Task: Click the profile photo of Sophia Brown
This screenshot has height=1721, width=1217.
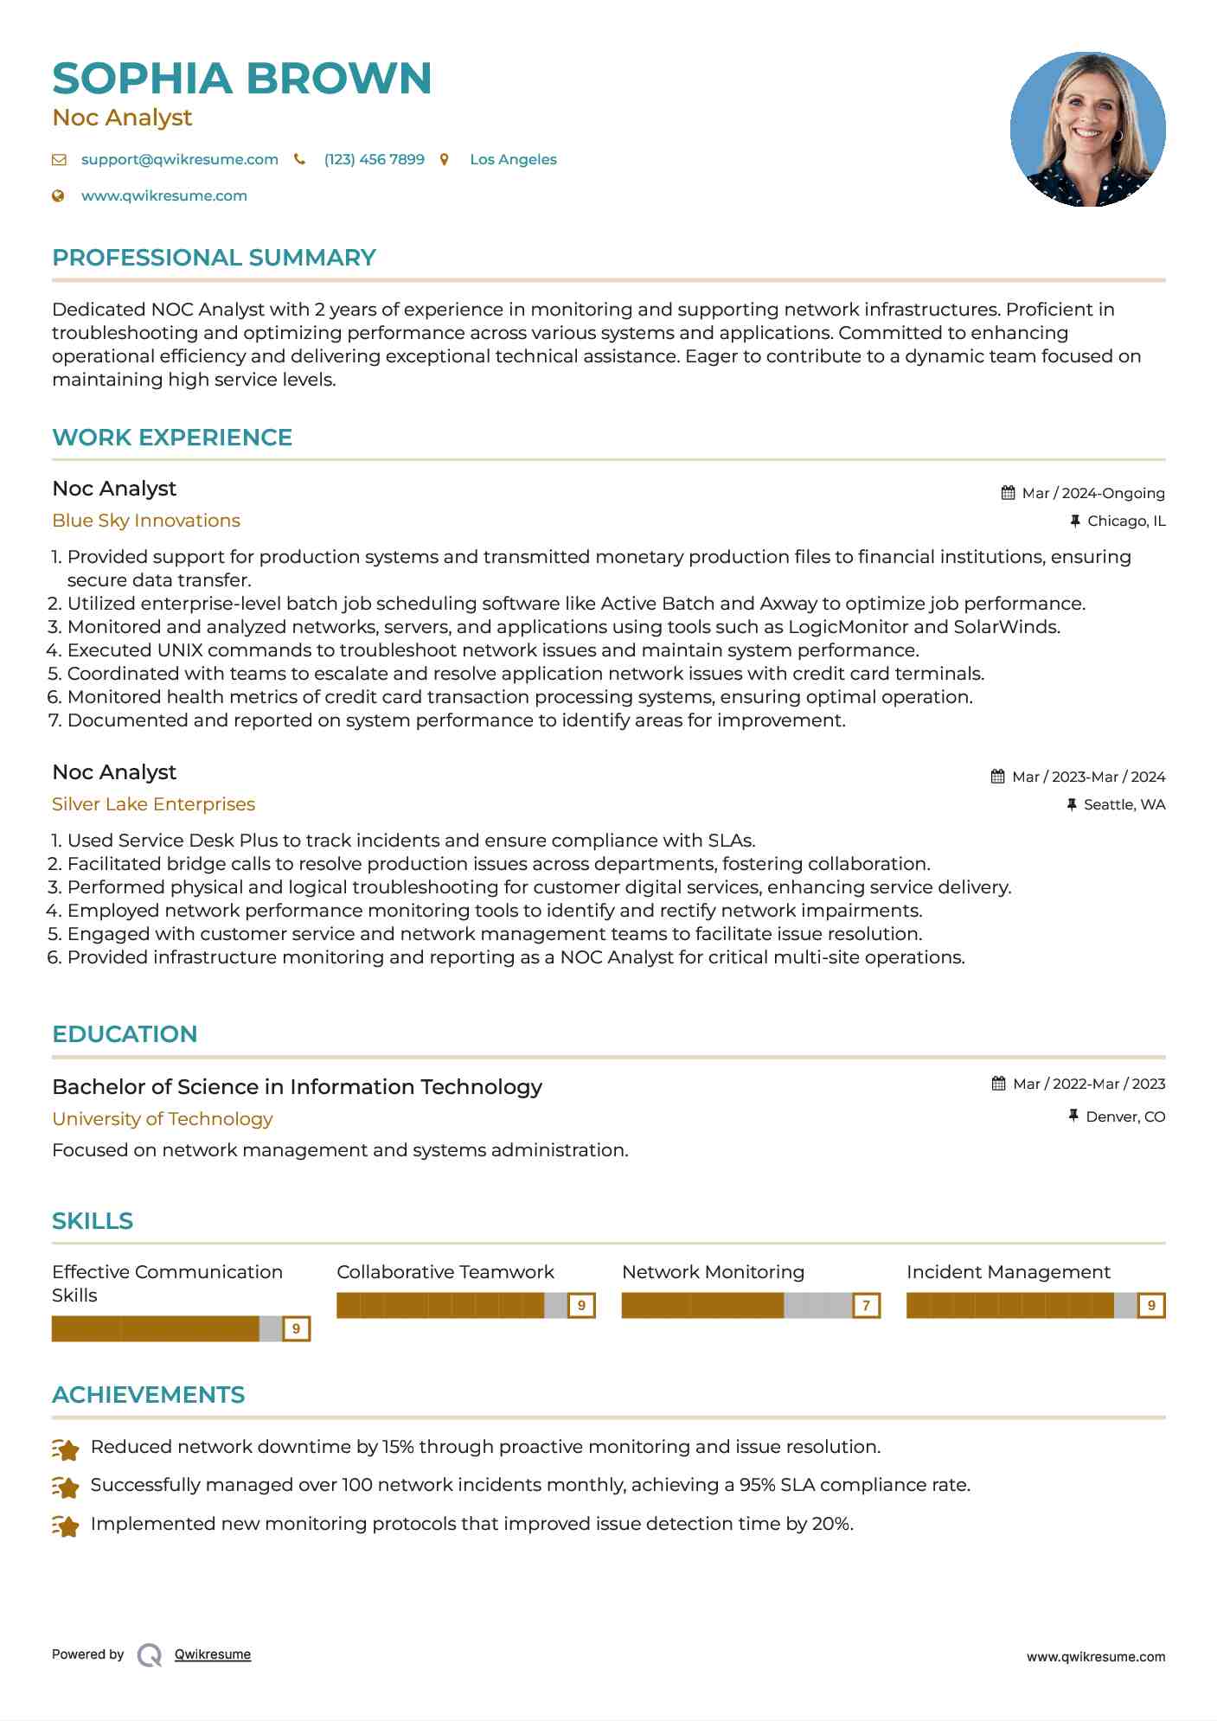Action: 1087,129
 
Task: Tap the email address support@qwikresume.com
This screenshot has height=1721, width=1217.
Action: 179,159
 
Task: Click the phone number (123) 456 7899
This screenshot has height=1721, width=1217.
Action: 374,159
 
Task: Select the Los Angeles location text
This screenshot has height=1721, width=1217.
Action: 513,159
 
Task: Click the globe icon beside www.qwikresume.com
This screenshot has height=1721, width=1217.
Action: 58,195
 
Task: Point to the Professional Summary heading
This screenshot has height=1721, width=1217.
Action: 214,258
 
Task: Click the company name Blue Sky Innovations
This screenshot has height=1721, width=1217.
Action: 146,521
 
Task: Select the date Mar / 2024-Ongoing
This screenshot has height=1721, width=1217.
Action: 1092,493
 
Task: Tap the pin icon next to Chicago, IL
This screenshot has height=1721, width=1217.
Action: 1075,521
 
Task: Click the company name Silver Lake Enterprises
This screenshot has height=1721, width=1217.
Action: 153,804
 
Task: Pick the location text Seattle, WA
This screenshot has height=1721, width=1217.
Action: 1124,804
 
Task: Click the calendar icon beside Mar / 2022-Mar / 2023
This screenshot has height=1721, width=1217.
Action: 998,1084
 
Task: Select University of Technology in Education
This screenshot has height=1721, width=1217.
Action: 162,1119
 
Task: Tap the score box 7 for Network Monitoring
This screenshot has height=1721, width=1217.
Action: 866,1306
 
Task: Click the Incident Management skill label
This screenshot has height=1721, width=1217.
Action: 1008,1272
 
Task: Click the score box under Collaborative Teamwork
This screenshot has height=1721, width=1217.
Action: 581,1306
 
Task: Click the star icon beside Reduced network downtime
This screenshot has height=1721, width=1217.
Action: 66,1449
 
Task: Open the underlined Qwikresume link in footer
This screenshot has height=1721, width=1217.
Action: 213,1654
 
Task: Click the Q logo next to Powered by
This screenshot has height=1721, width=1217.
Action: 150,1655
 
